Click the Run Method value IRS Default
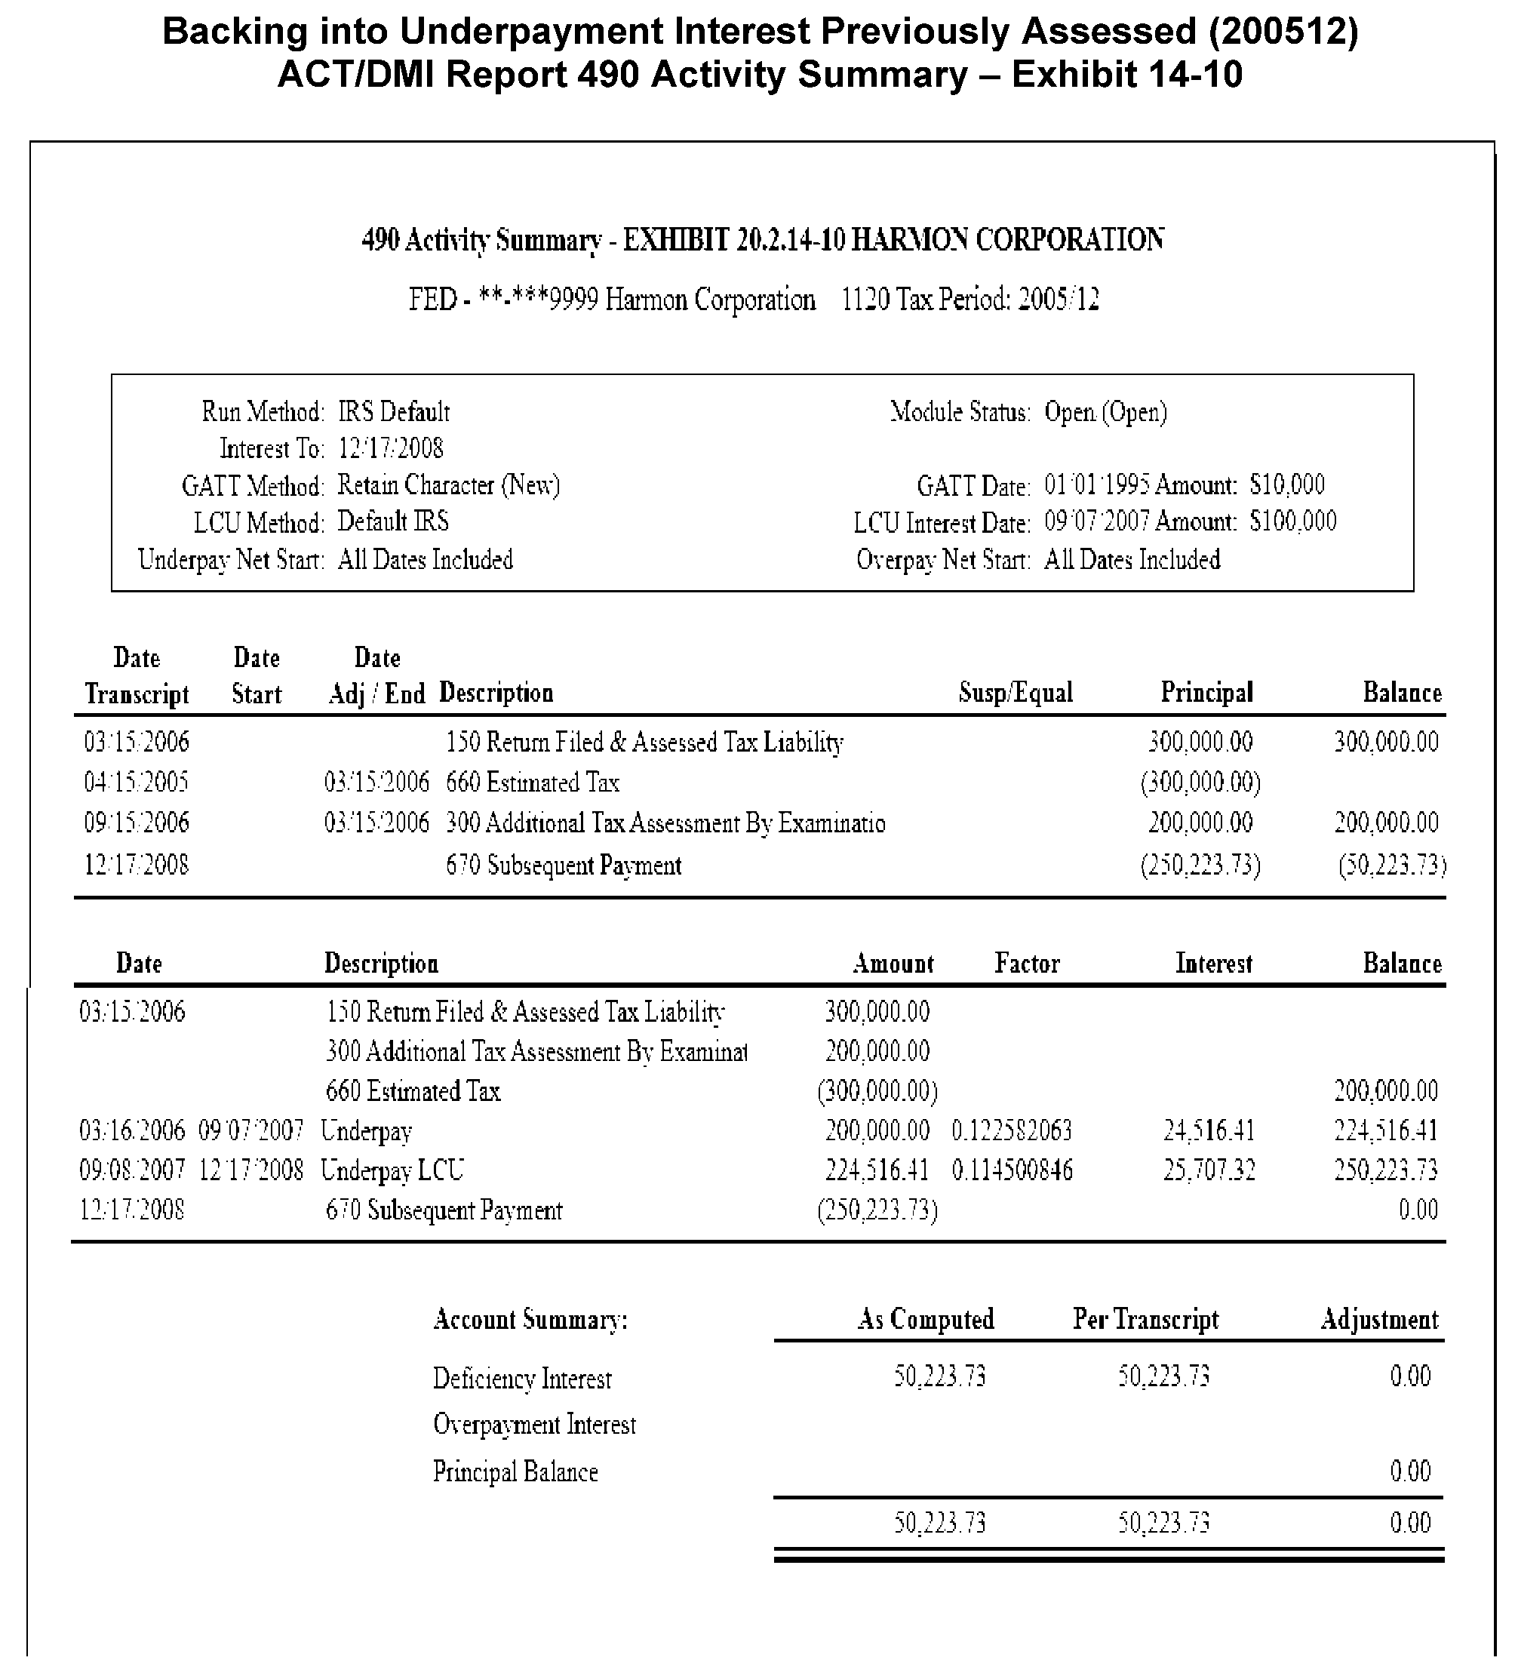pos(393,412)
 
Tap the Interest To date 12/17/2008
pos(390,449)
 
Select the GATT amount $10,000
pos(1286,484)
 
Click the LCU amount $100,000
pos(1292,521)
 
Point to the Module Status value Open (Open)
pos(1105,412)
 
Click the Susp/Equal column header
pos(1015,693)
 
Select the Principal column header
pos(1206,693)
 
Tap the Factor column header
pos(1027,964)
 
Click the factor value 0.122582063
pos(1012,1131)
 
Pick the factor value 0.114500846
pos(1012,1170)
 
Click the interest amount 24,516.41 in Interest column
pos(1208,1131)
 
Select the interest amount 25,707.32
pos(1208,1170)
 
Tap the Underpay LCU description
pos(392,1170)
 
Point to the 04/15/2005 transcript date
pos(136,782)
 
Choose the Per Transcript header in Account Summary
pos(1145,1319)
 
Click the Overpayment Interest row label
pos(533,1425)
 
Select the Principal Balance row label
pos(515,1472)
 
